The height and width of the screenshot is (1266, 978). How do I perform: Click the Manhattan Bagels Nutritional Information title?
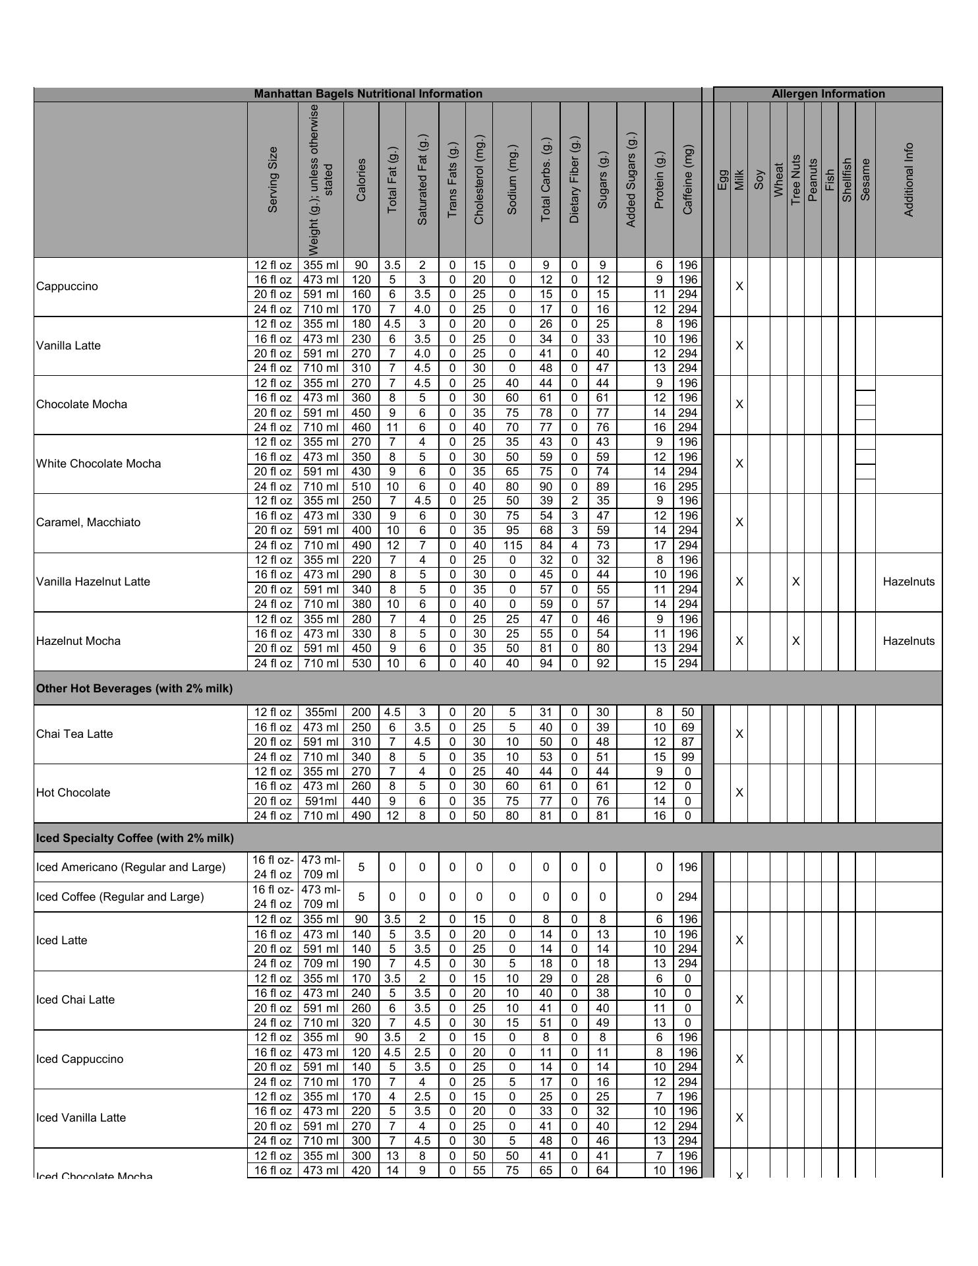point(368,94)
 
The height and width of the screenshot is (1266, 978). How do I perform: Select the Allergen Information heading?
point(828,94)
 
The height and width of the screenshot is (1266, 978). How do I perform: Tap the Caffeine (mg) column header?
point(687,179)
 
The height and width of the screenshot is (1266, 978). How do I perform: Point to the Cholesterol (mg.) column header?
point(478,179)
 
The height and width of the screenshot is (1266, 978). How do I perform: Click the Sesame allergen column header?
point(865,179)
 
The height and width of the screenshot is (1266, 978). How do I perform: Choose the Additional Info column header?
point(908,179)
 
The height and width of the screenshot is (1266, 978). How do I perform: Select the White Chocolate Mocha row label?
point(99,464)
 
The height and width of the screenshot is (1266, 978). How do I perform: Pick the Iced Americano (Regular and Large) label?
point(130,867)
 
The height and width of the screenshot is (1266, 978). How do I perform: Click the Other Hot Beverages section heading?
point(134,688)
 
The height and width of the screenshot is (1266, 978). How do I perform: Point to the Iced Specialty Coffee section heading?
point(135,838)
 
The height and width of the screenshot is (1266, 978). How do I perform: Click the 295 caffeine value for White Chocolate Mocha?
point(687,487)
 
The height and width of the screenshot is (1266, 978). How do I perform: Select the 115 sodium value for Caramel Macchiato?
point(512,545)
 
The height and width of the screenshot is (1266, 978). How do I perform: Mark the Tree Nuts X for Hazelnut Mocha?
point(796,641)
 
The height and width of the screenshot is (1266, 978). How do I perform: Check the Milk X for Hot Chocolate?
point(739,793)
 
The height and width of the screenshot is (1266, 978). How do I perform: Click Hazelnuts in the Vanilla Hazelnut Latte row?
point(908,582)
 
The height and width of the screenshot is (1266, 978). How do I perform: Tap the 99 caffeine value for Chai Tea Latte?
point(687,757)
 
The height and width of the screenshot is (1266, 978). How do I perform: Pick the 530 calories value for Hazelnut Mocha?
point(361,663)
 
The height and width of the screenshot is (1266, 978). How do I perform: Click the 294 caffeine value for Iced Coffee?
point(687,897)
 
